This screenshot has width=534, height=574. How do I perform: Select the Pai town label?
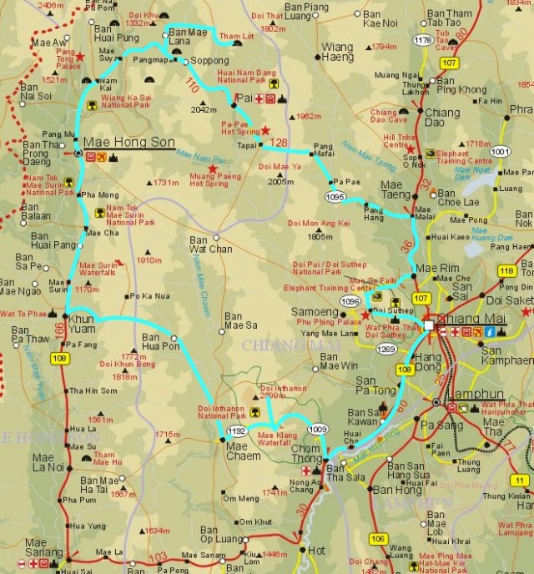point(244,99)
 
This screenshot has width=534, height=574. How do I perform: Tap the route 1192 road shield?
point(237,430)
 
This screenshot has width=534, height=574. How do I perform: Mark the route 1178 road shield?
point(423,39)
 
